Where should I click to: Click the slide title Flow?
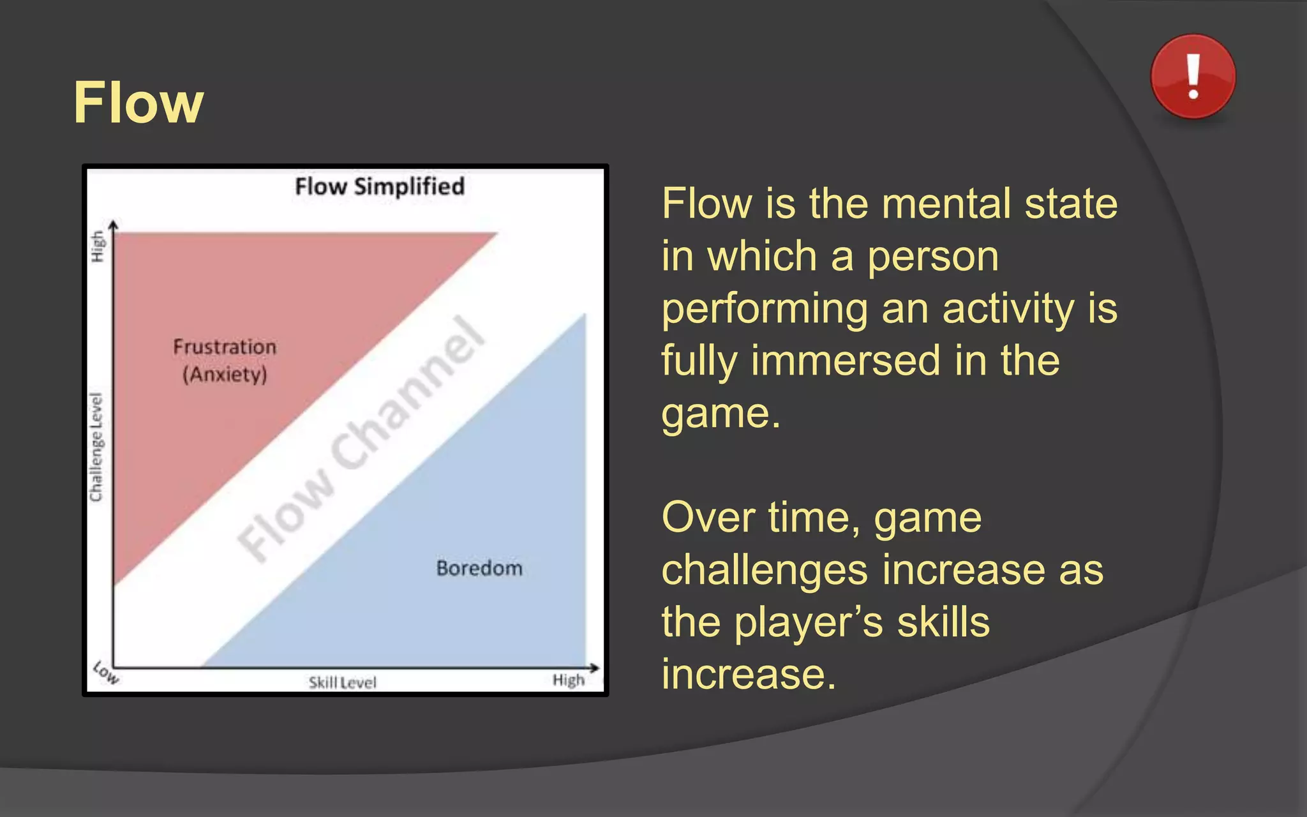coord(138,103)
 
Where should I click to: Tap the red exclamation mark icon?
coord(1192,77)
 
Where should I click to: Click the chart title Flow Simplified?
coord(379,186)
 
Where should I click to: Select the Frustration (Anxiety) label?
coord(225,361)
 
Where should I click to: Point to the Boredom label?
coord(479,568)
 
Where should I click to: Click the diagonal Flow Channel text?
coord(361,440)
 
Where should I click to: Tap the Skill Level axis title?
coord(343,683)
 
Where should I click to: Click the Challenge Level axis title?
coord(96,447)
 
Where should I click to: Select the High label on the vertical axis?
coord(97,246)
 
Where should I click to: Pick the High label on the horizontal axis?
coord(568,680)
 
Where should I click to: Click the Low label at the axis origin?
coord(105,673)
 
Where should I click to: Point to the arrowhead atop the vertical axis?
coord(113,225)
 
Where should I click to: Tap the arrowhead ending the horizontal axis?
coord(595,668)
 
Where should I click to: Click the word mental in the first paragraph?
coord(947,204)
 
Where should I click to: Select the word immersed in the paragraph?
coord(846,361)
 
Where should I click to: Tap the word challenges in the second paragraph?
coord(765,570)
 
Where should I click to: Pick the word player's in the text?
coord(808,622)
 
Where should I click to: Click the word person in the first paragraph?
coord(932,257)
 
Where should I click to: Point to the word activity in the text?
coord(1008,310)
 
